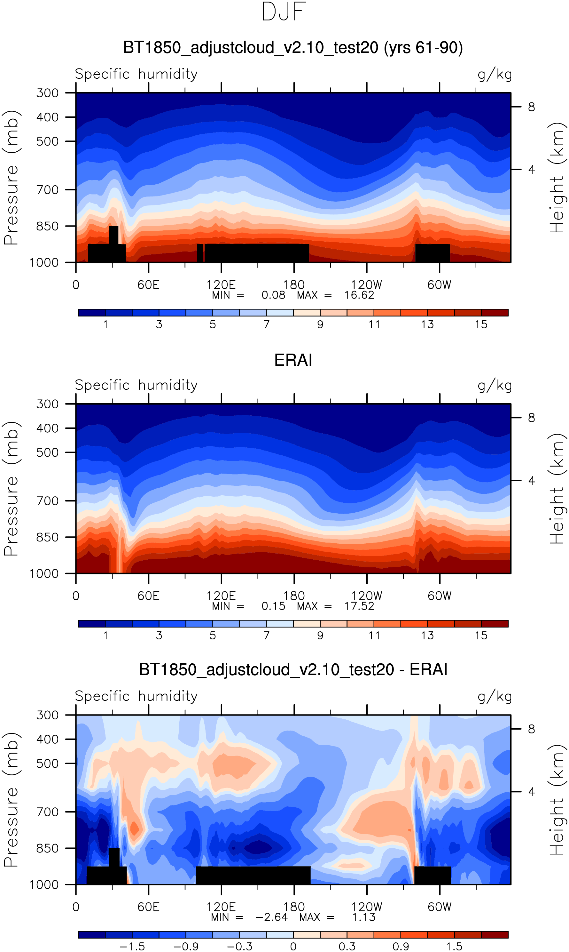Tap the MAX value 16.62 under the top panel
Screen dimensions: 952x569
click(x=359, y=295)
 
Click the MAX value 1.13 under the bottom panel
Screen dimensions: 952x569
click(x=363, y=917)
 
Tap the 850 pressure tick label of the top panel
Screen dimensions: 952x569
click(x=48, y=226)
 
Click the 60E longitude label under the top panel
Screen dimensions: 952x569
click(x=148, y=285)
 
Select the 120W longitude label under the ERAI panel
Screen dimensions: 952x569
click(x=367, y=596)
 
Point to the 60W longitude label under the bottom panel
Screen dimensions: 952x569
click(x=440, y=907)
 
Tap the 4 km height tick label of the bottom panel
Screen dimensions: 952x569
click(x=531, y=792)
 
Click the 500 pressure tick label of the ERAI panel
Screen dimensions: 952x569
click(x=48, y=452)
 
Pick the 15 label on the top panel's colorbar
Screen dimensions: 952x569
click(x=481, y=324)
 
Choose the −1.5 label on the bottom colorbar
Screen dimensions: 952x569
click(x=132, y=946)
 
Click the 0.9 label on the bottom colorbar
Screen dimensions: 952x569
click(x=400, y=946)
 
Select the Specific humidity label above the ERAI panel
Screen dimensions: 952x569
click(x=136, y=385)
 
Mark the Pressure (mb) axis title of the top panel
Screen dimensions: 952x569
click(x=12, y=177)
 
